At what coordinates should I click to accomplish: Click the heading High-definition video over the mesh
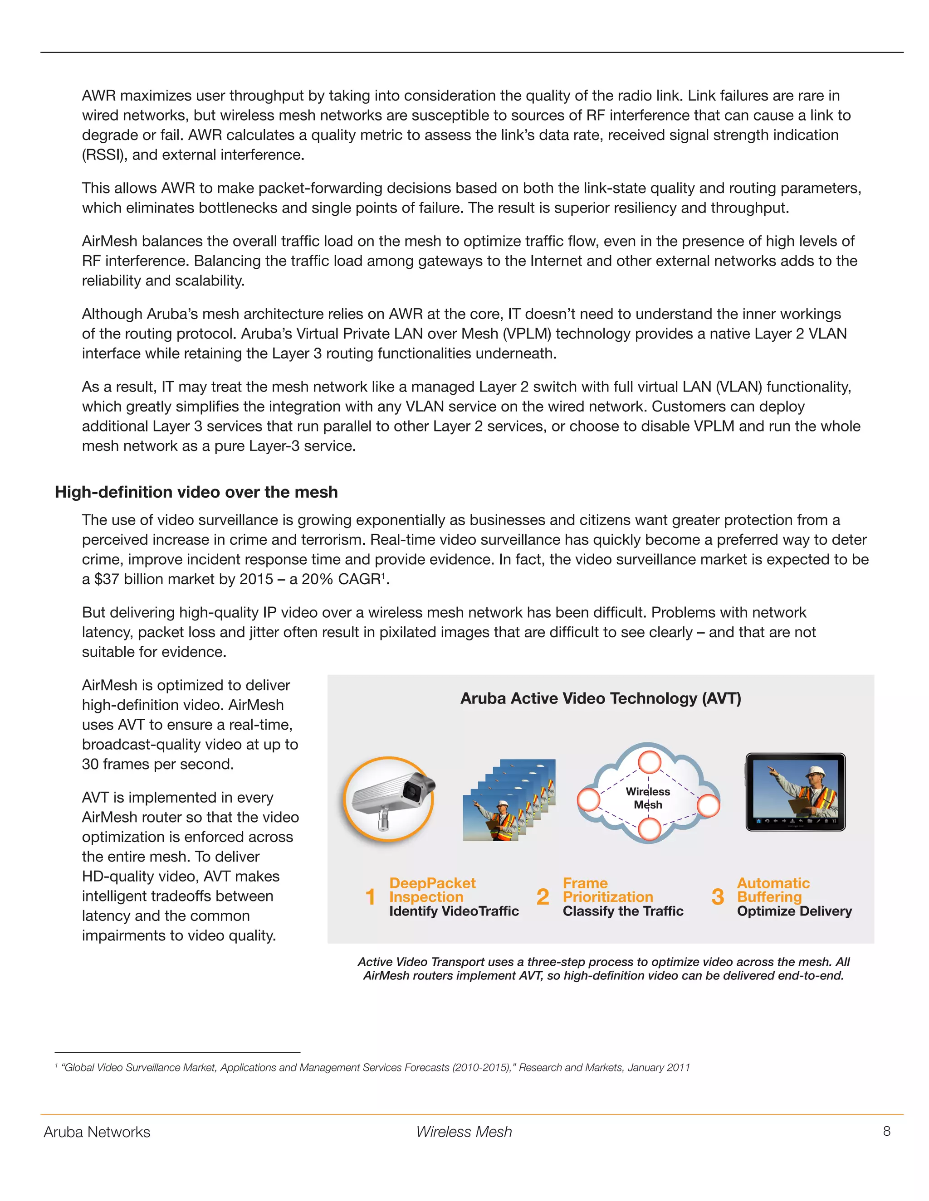(196, 492)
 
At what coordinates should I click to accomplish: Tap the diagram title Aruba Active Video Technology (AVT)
(601, 698)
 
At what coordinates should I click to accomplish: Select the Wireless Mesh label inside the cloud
(648, 798)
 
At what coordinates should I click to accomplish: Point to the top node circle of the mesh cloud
(650, 762)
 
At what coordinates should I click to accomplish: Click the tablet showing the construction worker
(795, 792)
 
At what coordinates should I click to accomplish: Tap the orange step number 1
(371, 897)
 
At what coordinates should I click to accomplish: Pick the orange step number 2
(543, 897)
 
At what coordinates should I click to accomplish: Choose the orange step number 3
(717, 897)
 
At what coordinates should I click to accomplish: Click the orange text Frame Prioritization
(607, 890)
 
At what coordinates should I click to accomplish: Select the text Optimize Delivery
(794, 911)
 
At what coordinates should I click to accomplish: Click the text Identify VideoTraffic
(454, 911)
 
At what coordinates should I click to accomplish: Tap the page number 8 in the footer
(886, 1131)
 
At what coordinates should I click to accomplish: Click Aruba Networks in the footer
(97, 1132)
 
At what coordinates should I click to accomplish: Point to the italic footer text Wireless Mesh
(464, 1132)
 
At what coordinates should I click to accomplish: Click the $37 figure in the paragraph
(106, 579)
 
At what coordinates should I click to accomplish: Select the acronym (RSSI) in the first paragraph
(105, 155)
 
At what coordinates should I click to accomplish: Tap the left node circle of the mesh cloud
(588, 799)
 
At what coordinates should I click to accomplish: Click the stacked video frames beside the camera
(509, 800)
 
